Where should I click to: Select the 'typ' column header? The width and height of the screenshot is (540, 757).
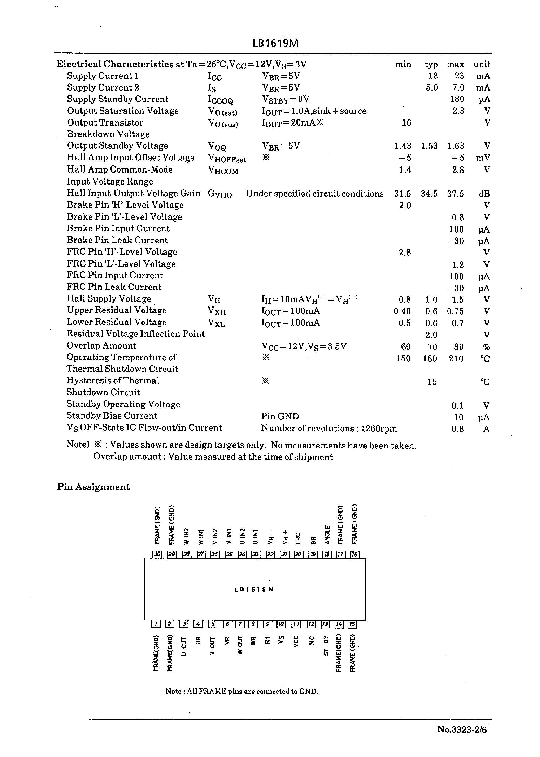pos(431,64)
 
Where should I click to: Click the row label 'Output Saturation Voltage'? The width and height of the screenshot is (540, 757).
pos(123,111)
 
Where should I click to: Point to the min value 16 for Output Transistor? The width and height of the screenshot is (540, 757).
pos(406,123)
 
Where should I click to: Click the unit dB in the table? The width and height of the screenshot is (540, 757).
pos(484,194)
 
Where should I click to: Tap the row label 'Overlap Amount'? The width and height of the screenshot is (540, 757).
pos(102,346)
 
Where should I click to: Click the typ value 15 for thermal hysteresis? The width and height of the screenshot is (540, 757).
pos(432,382)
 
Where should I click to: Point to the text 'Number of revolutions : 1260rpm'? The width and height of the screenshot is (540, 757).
pos(329,428)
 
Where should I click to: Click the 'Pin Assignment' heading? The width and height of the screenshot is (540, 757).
pos(93,487)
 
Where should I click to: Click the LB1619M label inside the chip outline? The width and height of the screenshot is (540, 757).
pos(254,589)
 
